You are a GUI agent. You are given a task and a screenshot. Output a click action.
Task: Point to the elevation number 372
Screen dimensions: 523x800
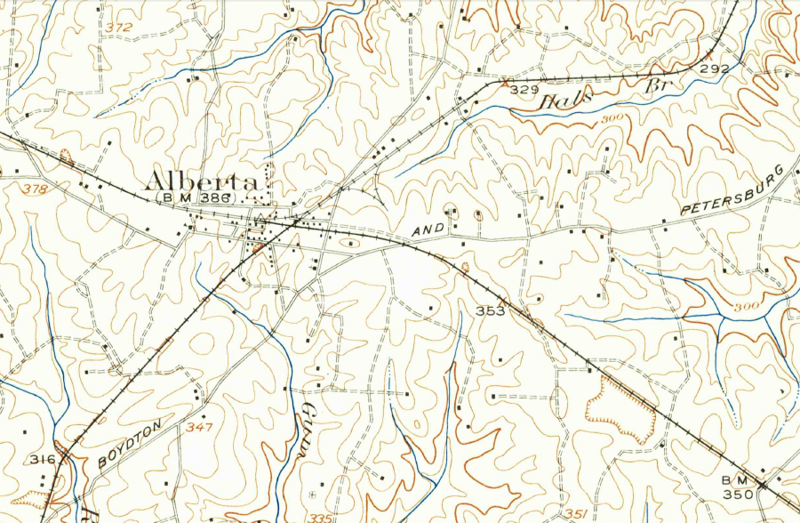(x=118, y=28)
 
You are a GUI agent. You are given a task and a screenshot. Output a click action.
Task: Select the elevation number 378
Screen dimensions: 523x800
(x=36, y=189)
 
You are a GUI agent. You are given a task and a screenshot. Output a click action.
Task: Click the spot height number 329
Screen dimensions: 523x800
(x=526, y=90)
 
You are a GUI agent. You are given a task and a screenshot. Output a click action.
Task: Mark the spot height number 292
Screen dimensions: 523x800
(x=714, y=68)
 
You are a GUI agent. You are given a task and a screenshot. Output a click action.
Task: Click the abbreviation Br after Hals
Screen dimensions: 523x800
(x=656, y=85)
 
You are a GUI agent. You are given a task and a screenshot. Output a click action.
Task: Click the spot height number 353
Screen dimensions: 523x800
(x=490, y=311)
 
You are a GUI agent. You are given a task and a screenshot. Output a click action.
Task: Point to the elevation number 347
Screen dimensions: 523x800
(x=200, y=428)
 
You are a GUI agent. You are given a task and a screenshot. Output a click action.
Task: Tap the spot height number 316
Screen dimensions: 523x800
(x=42, y=460)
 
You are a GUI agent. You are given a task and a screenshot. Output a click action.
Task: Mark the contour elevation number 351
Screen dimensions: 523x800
(x=574, y=513)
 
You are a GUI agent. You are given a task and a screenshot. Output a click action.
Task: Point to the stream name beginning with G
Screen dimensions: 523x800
(x=309, y=428)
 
